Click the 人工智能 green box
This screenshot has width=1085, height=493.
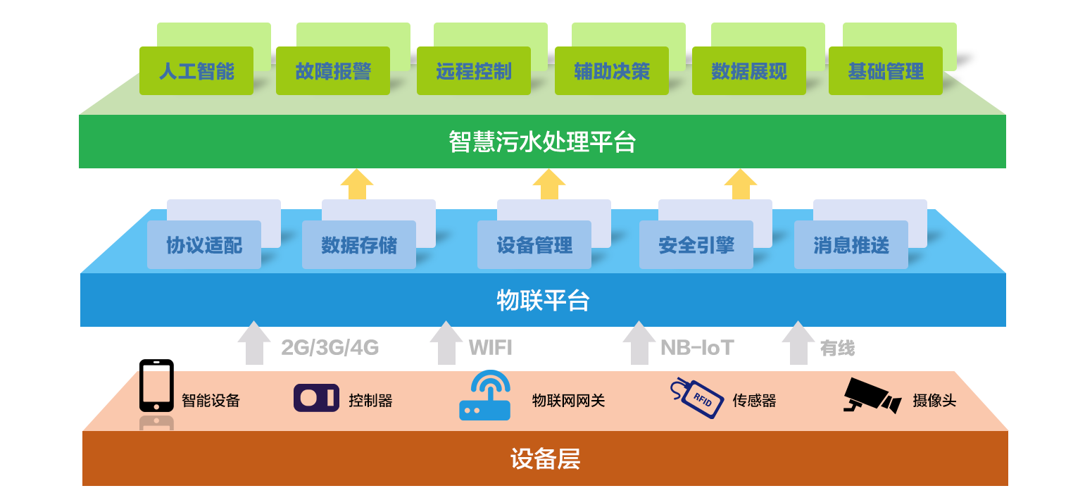click(196, 71)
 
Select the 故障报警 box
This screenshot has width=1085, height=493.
click(332, 71)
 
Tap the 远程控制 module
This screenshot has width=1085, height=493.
click(473, 71)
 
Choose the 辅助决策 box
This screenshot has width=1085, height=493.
click(611, 71)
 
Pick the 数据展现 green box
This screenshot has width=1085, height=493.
click(748, 71)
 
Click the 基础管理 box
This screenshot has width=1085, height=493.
click(885, 71)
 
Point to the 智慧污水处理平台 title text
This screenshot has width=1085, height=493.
click(542, 142)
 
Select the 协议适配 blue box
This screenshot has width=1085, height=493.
click(203, 245)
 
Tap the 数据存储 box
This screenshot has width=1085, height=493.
click(358, 245)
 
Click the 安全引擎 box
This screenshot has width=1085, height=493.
click(696, 245)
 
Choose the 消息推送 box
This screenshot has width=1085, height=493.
click(851, 245)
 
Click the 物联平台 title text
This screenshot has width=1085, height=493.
click(542, 301)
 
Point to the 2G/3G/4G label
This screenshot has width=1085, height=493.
click(330, 347)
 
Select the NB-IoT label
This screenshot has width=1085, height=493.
click(697, 347)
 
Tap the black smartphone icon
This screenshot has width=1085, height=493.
click(156, 386)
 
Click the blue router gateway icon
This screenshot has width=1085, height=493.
click(484, 396)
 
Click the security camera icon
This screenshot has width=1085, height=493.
click(872, 396)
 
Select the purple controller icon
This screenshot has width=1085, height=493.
click(316, 398)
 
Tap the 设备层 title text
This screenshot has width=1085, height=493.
click(544, 459)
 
